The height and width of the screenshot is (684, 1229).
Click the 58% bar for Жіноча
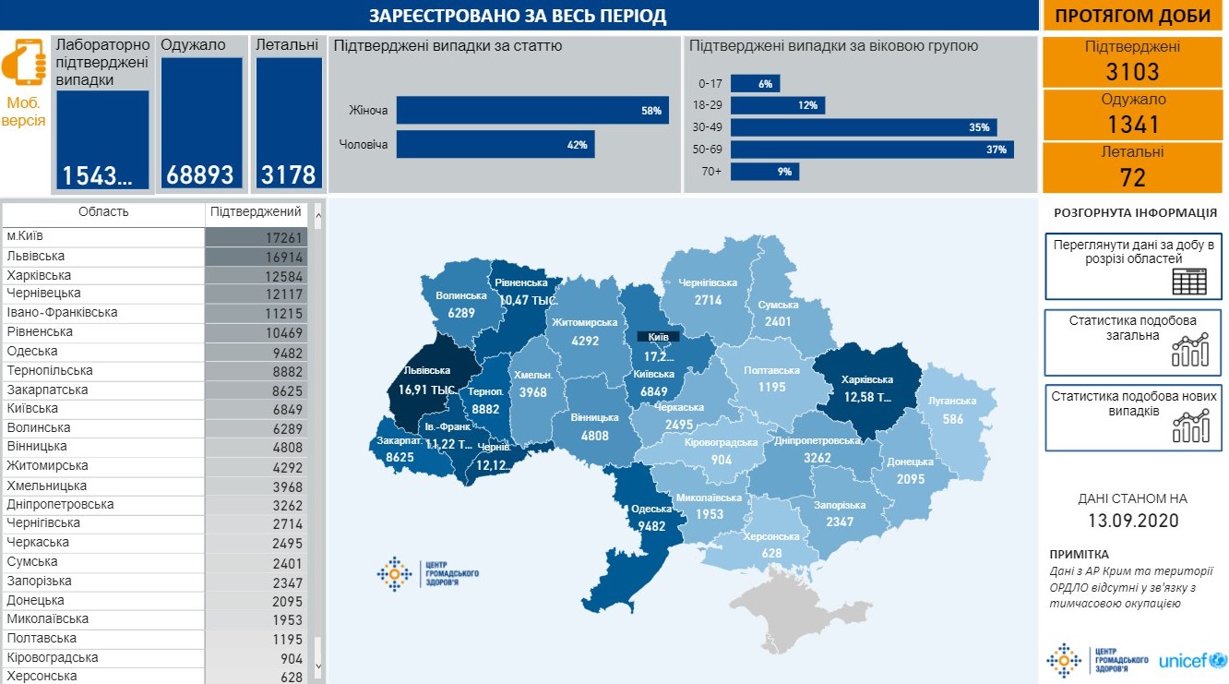coord(531,111)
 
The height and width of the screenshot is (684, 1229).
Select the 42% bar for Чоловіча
coord(495,145)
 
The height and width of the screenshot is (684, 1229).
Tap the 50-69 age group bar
coord(871,150)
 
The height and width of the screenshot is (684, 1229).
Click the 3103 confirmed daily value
coord(1132,72)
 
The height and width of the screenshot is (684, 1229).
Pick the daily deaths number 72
coord(1132,177)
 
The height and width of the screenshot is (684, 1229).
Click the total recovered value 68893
coord(200,174)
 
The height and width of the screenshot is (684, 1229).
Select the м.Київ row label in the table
coord(26,237)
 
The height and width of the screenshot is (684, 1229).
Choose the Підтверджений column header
coord(256,212)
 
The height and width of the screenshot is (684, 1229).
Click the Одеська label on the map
coord(651,509)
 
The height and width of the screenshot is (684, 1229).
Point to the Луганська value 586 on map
coord(953,419)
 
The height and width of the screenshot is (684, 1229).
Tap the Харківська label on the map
coord(868,379)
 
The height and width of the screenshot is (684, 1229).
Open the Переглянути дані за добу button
coord(1132,267)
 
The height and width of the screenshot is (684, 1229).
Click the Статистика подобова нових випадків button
coord(1132,416)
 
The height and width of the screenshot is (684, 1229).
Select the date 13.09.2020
coord(1132,521)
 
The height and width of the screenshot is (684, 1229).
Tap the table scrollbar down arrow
coord(318,665)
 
